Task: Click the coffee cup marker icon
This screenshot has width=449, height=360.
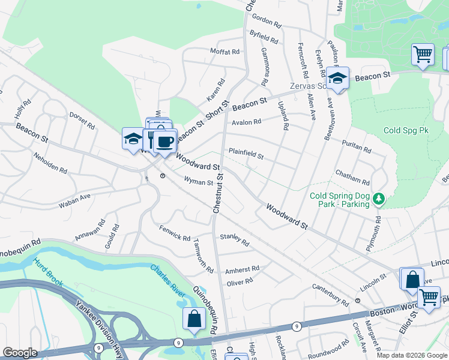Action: [x=164, y=142]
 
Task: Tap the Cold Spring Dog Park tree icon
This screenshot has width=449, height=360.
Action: [x=378, y=198]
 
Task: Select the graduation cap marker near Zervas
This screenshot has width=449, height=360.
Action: [x=338, y=78]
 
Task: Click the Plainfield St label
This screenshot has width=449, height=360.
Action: [x=246, y=155]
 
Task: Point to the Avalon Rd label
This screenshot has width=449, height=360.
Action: [x=247, y=122]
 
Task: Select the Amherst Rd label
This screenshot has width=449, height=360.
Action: [x=243, y=269]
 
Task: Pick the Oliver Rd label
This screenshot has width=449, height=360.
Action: [x=240, y=281]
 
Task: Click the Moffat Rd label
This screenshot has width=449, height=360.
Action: [x=225, y=52]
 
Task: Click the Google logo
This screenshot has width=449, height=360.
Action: [x=20, y=353]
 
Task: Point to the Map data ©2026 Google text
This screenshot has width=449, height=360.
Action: [x=411, y=355]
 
